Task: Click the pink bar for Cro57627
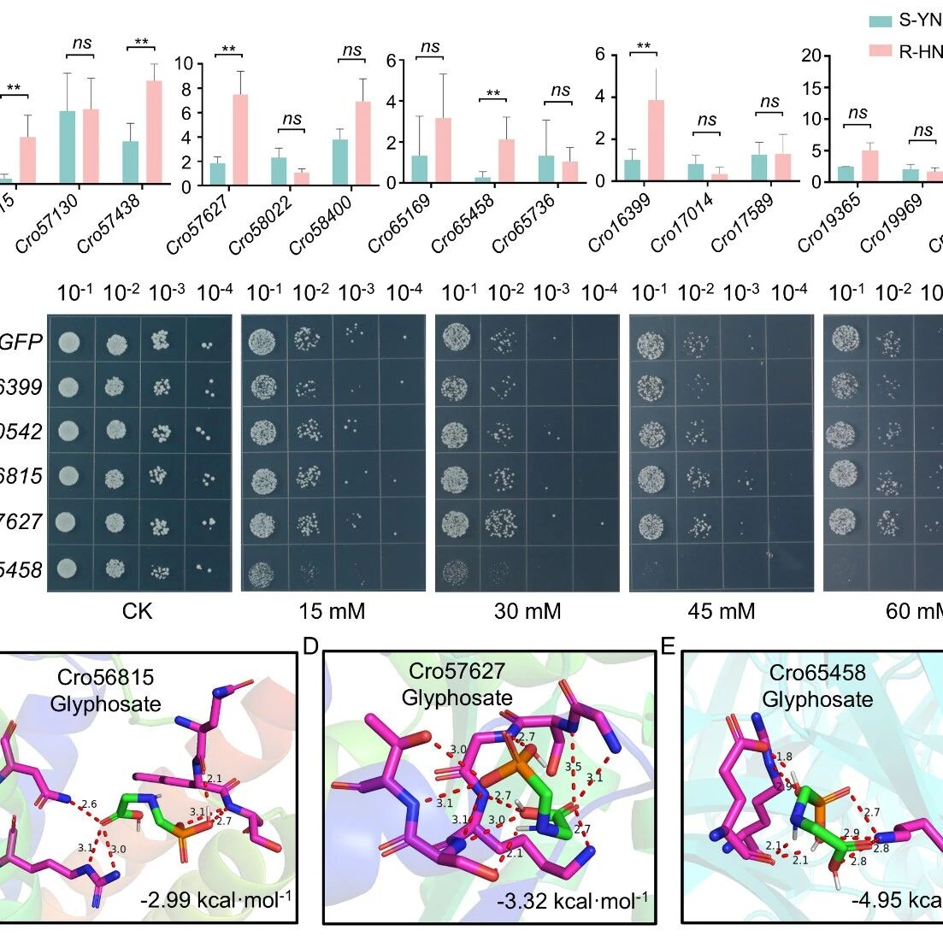239,139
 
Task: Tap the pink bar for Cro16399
657,140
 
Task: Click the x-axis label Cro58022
260,225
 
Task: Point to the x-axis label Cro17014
681,223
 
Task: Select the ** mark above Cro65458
492,94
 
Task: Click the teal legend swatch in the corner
880,21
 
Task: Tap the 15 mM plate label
333,611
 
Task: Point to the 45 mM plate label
721,611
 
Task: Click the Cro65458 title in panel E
817,673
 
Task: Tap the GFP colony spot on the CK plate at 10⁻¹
67,344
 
